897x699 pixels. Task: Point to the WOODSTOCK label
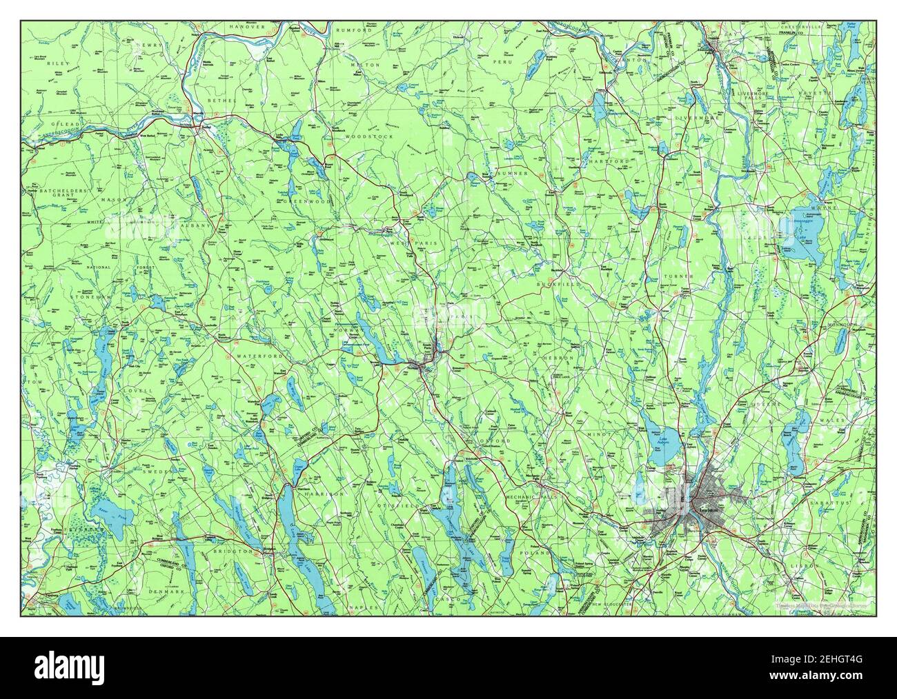pos(373,137)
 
